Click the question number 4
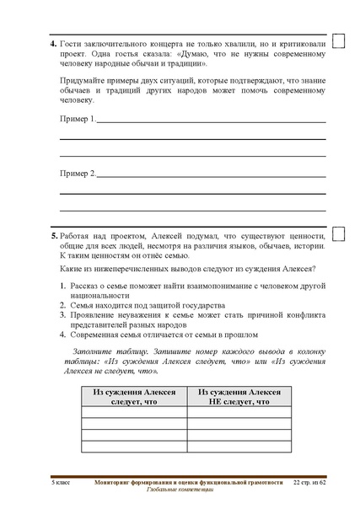[x=54, y=42]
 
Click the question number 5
[x=54, y=236]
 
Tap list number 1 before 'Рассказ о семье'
[x=63, y=286]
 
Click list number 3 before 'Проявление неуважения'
[x=63, y=315]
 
